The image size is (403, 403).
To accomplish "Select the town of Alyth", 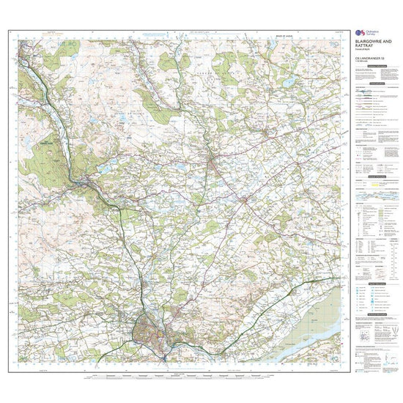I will coord(267,136).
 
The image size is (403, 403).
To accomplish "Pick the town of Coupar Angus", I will coord(245,199).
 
